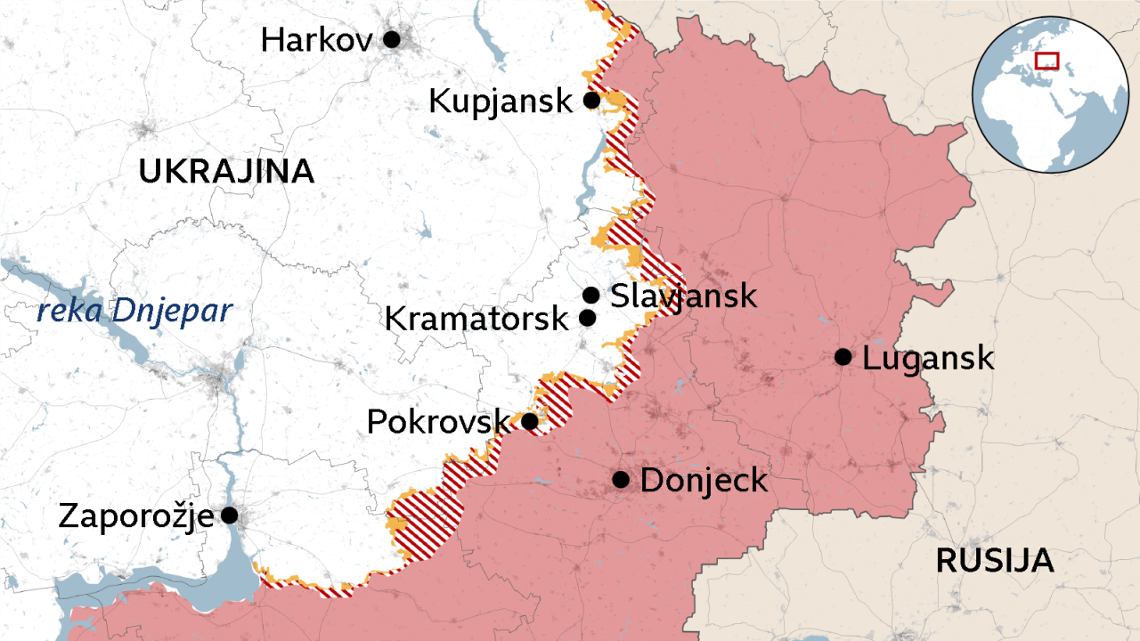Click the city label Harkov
[x=316, y=39]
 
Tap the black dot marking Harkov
[x=391, y=39]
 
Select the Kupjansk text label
[x=501, y=101]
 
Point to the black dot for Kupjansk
[x=591, y=100]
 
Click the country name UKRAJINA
[x=226, y=171]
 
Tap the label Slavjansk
[x=683, y=296]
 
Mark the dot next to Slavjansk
[x=590, y=295]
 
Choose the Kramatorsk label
[x=476, y=319]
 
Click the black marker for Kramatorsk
[x=587, y=318]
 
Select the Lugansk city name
[x=928, y=358]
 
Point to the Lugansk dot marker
[x=843, y=357]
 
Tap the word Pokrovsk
[x=438, y=421]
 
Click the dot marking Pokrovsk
[x=529, y=421]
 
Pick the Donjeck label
[x=704, y=481]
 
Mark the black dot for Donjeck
[x=622, y=480]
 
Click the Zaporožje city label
[x=135, y=515]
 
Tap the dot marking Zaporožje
[x=229, y=515]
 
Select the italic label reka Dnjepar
[x=134, y=312]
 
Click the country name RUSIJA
[x=995, y=561]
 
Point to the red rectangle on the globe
[x=1046, y=61]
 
